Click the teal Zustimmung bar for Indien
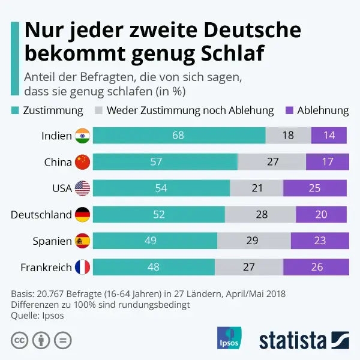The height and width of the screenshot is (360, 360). (x=179, y=136)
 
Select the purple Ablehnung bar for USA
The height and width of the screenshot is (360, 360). (x=315, y=188)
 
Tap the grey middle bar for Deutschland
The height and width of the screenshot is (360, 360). (x=260, y=214)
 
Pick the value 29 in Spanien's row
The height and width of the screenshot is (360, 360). (x=252, y=241)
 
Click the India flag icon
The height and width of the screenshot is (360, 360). (x=82, y=136)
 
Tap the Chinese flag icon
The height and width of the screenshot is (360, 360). (x=82, y=162)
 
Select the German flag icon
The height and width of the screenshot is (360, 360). (x=82, y=214)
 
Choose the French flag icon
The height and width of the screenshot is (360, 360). (x=82, y=267)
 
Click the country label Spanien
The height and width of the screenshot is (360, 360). (x=52, y=241)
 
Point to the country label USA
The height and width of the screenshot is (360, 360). (x=62, y=188)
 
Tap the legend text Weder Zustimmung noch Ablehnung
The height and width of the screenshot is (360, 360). (x=190, y=110)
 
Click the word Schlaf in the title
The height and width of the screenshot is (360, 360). (x=230, y=53)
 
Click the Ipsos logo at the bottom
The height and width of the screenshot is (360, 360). (x=229, y=338)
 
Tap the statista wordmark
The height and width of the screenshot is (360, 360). (x=293, y=340)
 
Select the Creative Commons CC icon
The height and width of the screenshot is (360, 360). (x=19, y=340)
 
